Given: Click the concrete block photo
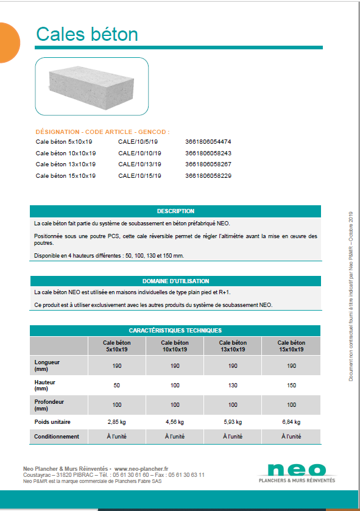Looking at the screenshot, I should click(x=91, y=86).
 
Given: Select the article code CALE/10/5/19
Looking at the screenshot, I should click(x=139, y=142).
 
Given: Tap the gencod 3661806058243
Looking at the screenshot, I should click(x=208, y=153).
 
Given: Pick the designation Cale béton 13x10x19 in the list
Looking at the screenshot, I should click(x=65, y=164).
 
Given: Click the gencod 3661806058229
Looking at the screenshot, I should click(x=208, y=176).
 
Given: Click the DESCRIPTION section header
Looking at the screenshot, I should click(x=175, y=211).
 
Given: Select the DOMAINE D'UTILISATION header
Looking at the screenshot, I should click(x=175, y=281).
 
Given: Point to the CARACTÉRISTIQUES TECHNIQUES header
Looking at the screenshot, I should click(x=175, y=330).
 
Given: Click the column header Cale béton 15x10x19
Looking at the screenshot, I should click(x=291, y=346).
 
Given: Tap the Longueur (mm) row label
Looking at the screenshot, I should click(x=49, y=365).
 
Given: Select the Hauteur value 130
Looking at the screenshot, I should click(x=233, y=386).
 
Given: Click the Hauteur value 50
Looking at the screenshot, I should click(x=116, y=386).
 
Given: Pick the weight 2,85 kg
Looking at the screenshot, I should click(x=116, y=421).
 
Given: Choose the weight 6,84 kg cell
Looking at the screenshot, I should click(x=291, y=421).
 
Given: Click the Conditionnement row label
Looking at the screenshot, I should click(x=57, y=437).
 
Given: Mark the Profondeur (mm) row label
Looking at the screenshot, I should click(x=49, y=404).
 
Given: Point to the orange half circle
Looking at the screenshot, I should click(x=9, y=43).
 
